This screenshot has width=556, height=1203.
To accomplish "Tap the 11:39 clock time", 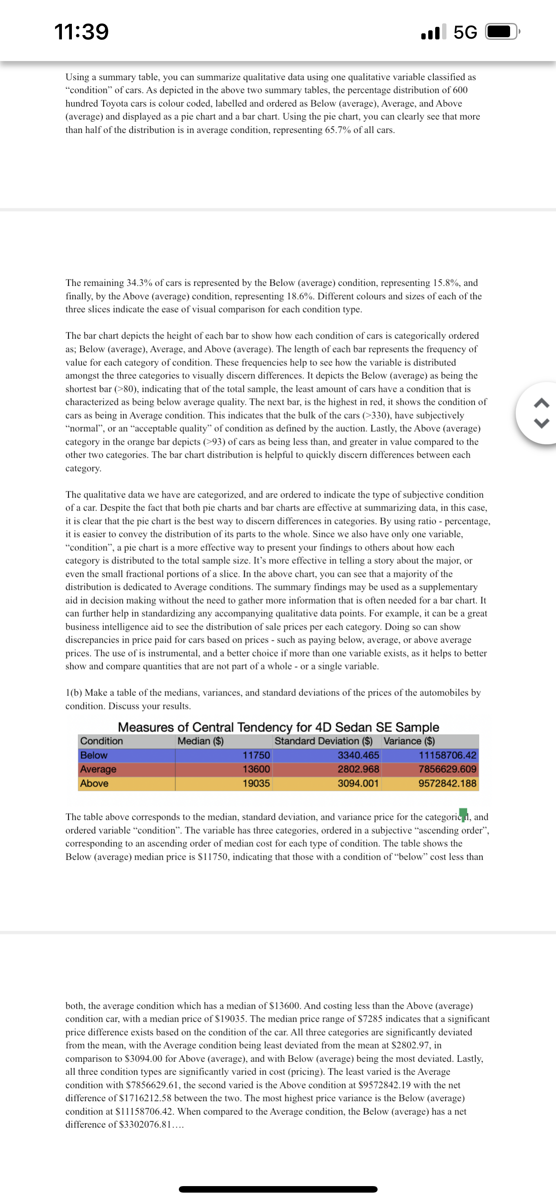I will (82, 32).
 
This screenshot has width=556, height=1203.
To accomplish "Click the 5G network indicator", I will (465, 32).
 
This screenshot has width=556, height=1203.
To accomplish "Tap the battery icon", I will (502, 32).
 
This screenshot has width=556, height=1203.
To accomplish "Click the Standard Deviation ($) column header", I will (323, 741).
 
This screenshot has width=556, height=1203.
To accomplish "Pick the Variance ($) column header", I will (409, 741).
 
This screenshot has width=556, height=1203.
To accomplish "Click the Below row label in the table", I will (94, 755).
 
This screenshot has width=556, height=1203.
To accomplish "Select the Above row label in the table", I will (94, 783).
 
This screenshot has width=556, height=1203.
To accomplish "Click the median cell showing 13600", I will (256, 769).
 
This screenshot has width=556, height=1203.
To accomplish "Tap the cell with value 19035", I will (256, 783).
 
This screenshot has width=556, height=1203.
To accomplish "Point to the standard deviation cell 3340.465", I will (358, 755).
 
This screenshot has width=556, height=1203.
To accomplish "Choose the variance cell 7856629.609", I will (447, 769).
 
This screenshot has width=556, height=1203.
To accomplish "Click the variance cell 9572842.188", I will (447, 783).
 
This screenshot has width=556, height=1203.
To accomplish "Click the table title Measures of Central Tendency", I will (278, 727).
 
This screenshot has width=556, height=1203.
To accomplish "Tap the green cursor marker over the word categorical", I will (463, 814).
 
